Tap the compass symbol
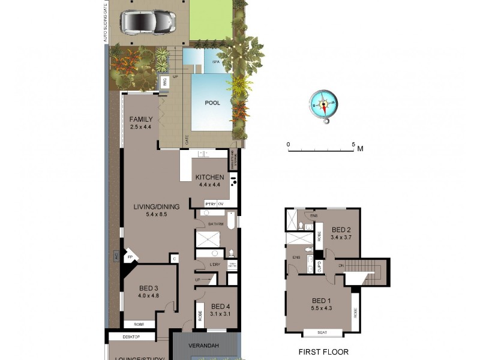[324, 106]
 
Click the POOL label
[212, 103]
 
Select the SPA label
[214, 62]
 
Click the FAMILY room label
[141, 119]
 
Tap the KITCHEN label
[209, 178]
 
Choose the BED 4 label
[221, 306]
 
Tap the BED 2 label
[341, 229]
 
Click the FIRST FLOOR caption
[323, 352]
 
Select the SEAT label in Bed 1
[322, 332]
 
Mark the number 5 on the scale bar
[353, 144]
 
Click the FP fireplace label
[130, 258]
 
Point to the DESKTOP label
[131, 337]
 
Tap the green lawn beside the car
[210, 20]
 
